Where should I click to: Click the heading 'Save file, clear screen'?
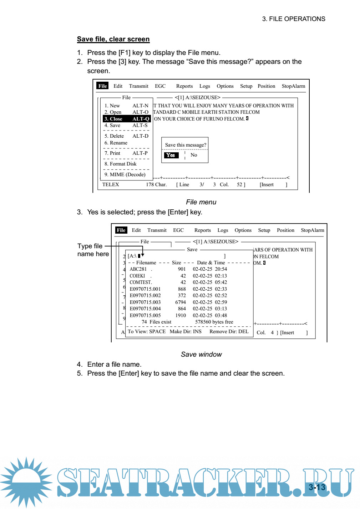pyautogui.click(x=113, y=39)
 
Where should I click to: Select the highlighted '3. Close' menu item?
pyautogui.click(x=126, y=119)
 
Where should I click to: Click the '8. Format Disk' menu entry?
pyautogui.click(x=120, y=164)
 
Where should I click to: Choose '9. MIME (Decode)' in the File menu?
pyautogui.click(x=125, y=174)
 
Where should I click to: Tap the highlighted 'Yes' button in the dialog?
pyautogui.click(x=171, y=155)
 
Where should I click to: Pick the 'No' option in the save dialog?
pyautogui.click(x=194, y=155)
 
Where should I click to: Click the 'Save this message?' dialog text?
pyautogui.click(x=186, y=145)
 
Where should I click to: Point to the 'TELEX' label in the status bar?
pyautogui.click(x=111, y=184)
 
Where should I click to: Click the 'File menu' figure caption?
pyautogui.click(x=201, y=202)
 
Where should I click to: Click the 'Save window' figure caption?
pyautogui.click(x=201, y=354)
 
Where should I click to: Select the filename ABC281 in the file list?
pyautogui.click(x=138, y=269)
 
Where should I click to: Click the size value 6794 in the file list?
pyautogui.click(x=181, y=302)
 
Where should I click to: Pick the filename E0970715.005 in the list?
pyautogui.click(x=145, y=315)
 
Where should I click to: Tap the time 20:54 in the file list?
pyautogui.click(x=221, y=269)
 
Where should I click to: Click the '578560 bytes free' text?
pyautogui.click(x=214, y=322)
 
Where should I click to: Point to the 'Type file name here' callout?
pyautogui.click(x=93, y=250)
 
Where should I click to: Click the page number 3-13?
pyautogui.click(x=317, y=487)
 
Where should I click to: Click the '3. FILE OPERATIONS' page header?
pyautogui.click(x=294, y=19)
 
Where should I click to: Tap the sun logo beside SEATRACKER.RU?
pyautogui.click(x=26, y=482)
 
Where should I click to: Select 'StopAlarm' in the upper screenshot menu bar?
pyautogui.click(x=293, y=86)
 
